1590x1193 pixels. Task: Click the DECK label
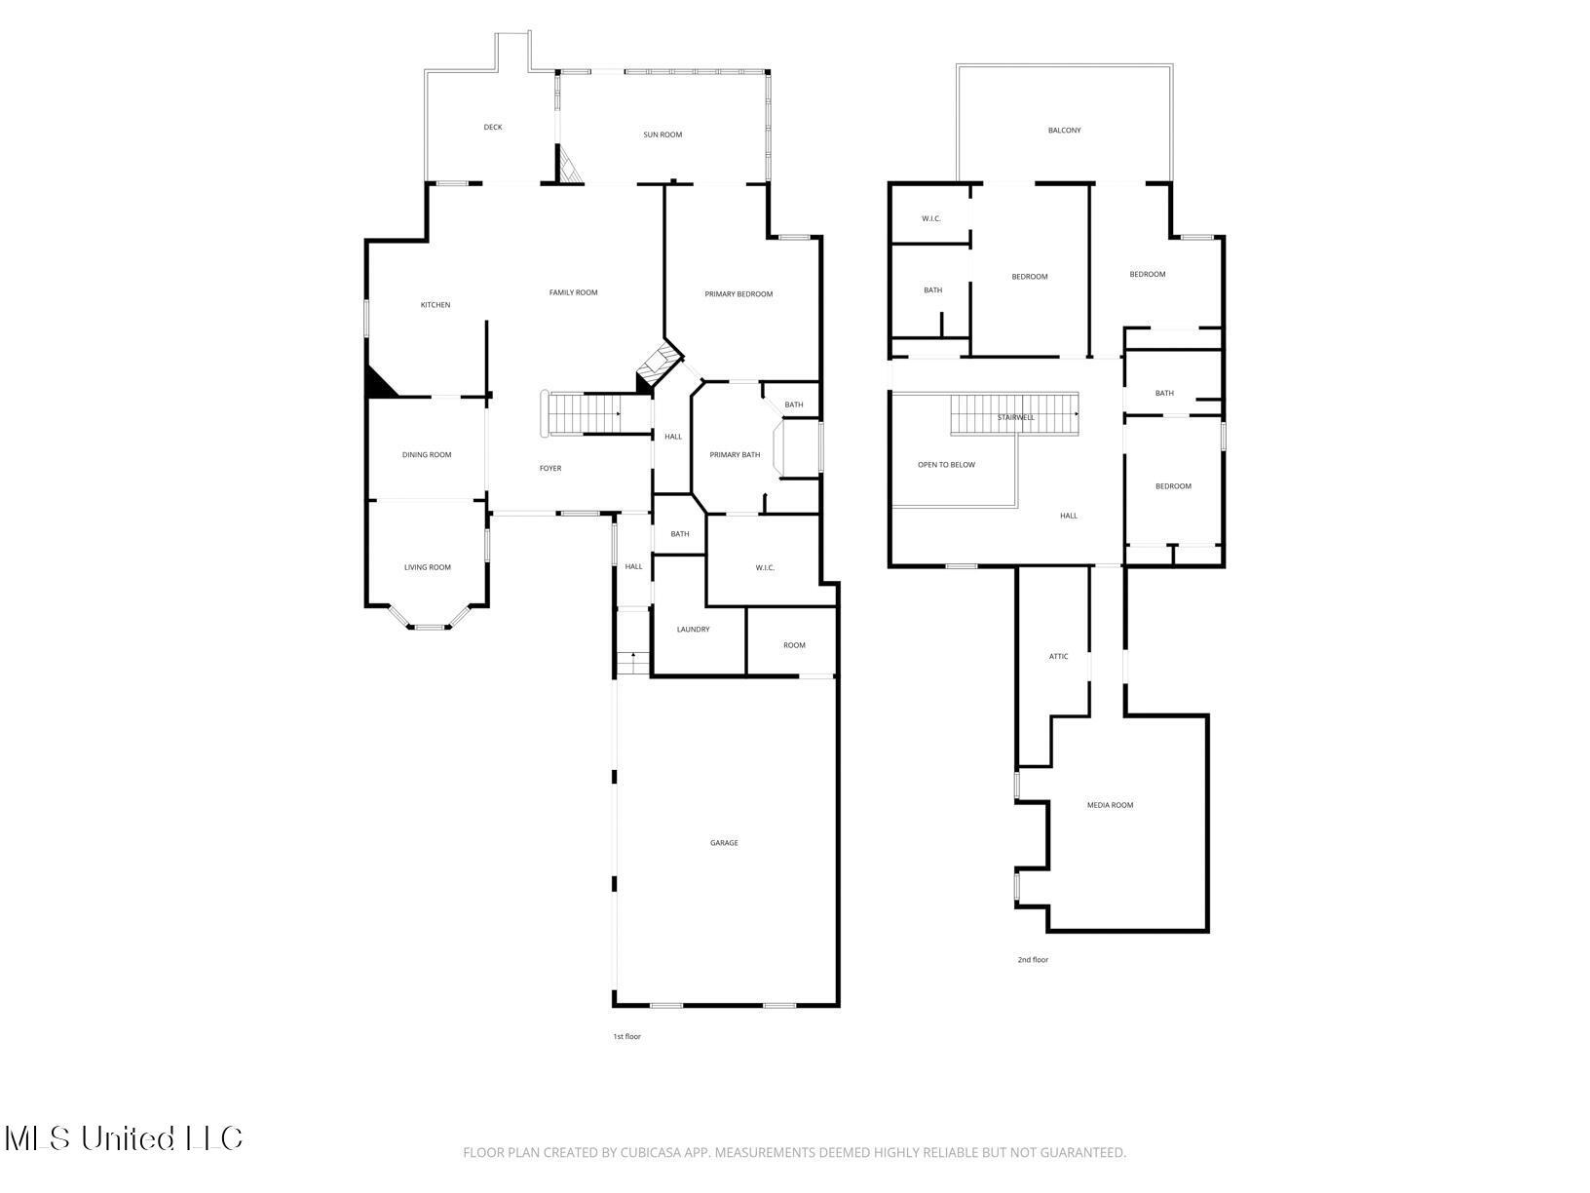tap(493, 128)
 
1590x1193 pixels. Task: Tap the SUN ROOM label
tap(662, 135)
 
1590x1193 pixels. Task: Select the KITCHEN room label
tap(435, 305)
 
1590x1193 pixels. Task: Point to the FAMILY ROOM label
tap(573, 292)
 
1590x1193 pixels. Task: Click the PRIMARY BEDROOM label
tap(738, 294)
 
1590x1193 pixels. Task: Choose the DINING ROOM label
tap(427, 455)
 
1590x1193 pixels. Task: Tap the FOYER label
tap(550, 469)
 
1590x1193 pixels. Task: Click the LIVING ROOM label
tap(428, 567)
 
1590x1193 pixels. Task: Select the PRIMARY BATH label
tap(735, 455)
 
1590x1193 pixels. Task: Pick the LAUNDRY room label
tap(693, 630)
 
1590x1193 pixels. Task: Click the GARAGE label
tap(724, 843)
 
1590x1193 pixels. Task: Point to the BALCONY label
tap(1064, 131)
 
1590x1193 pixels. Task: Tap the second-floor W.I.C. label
tap(930, 218)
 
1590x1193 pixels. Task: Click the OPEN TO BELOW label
tap(946, 465)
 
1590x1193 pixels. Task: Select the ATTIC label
tap(1058, 657)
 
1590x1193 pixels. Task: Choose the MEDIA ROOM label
tap(1110, 805)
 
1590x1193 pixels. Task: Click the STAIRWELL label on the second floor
tap(1015, 417)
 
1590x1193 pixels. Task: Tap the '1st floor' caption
tap(626, 1036)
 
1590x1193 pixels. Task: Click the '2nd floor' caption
tap(1033, 960)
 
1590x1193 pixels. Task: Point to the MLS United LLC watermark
tap(124, 1138)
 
